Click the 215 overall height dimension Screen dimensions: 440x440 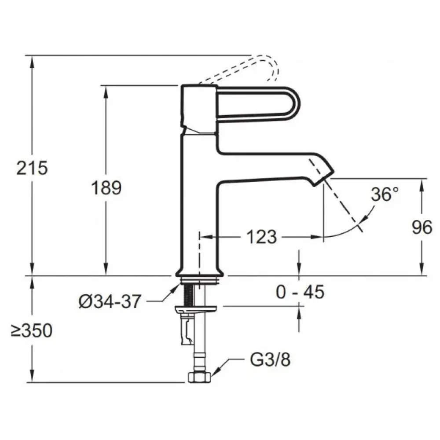point(32,168)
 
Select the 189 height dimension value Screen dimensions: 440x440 point(106,188)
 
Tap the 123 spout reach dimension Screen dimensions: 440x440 point(261,237)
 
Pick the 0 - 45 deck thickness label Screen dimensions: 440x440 point(300,292)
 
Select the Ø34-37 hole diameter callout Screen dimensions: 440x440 point(109,302)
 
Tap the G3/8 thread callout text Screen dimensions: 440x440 point(270,360)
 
